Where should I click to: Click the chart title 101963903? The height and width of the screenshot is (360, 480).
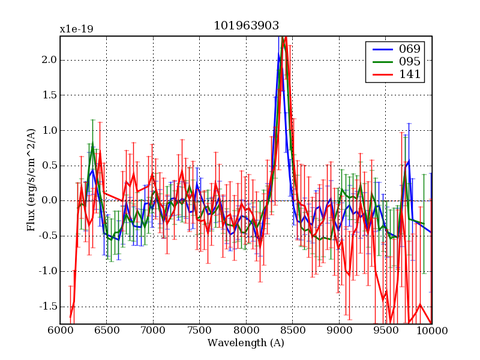[x=246, y=25]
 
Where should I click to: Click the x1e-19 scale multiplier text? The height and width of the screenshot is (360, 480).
[x=76, y=29]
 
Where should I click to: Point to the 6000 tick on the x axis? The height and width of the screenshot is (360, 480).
[x=60, y=331]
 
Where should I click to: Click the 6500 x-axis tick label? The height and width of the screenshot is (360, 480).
[x=106, y=331]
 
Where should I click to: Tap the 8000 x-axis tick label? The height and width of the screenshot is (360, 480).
[x=246, y=331]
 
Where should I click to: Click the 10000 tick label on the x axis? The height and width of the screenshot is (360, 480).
[x=431, y=331]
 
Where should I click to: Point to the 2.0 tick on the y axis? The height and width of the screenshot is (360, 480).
[x=49, y=59]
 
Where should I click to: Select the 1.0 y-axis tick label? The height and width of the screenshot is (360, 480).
[x=49, y=130]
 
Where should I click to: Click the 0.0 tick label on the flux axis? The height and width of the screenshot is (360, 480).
[x=49, y=200]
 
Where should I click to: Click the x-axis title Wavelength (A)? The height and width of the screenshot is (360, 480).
[x=246, y=343]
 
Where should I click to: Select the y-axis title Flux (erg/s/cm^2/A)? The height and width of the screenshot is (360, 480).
[x=31, y=180]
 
